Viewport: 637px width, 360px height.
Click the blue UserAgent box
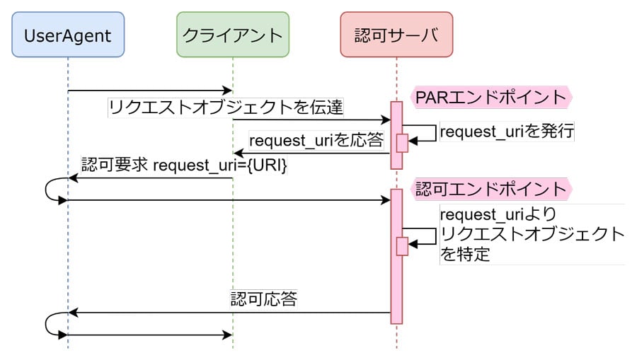coord(68,34)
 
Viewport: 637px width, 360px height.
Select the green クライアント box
coord(233,34)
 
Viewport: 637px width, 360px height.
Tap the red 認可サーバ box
coord(396,34)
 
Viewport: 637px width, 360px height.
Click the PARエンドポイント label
coord(490,97)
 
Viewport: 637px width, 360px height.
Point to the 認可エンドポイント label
coord(490,189)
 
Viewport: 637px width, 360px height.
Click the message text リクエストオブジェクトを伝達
coord(226,108)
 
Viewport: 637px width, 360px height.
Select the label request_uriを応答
coord(316,140)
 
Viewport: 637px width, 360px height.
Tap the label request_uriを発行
coord(507,131)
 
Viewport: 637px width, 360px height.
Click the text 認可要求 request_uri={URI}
coord(184,165)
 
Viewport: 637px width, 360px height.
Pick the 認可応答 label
coord(263,298)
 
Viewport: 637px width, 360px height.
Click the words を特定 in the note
coord(465,254)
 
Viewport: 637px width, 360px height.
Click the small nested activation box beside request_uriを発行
coord(402,142)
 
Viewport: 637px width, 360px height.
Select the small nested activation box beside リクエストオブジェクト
coord(402,245)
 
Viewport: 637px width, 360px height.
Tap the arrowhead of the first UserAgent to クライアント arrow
coord(228,91)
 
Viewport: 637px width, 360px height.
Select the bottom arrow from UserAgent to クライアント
coord(149,335)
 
